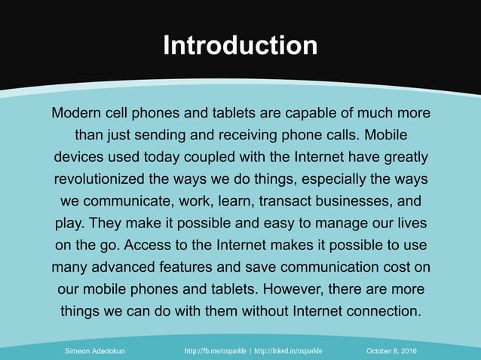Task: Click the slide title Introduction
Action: click(x=240, y=46)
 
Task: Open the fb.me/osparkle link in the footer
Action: click(x=216, y=352)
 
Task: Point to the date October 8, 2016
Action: click(x=393, y=352)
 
